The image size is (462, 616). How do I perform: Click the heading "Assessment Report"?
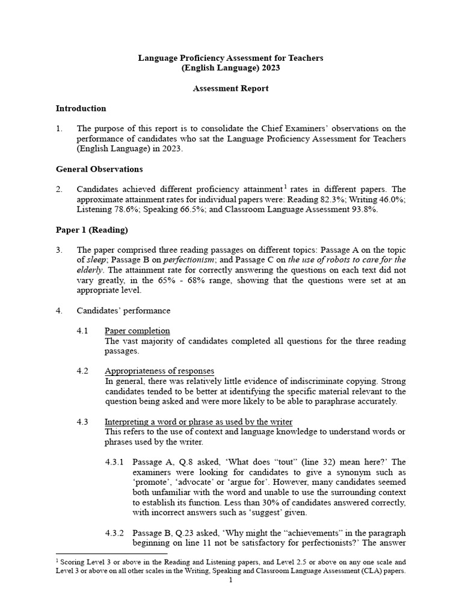coord(230,88)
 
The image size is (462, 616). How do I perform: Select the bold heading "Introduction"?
coord(81,108)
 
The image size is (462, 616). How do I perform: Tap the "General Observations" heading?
coord(99,169)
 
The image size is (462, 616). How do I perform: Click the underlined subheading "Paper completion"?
coord(137,331)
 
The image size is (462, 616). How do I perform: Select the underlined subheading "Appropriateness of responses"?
coord(159,371)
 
